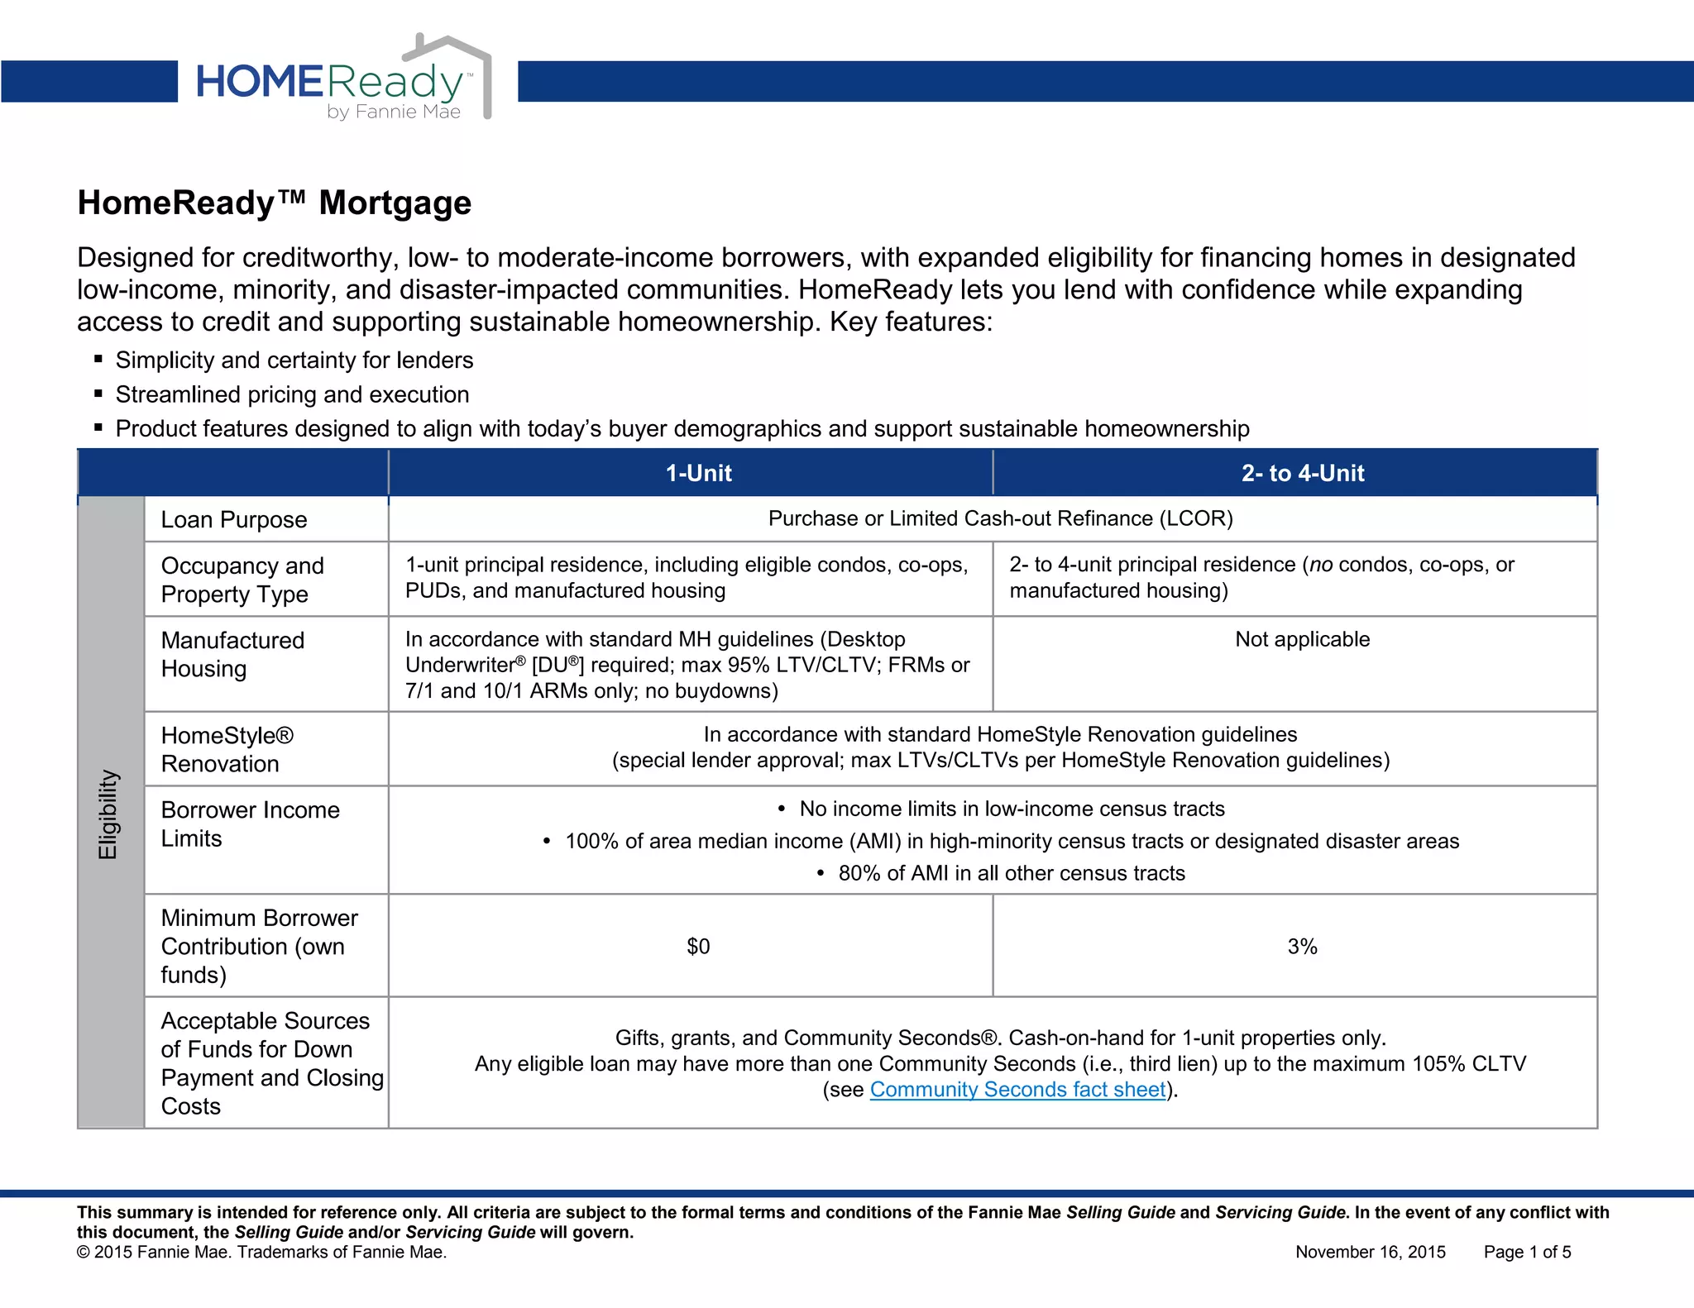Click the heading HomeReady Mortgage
[x=274, y=203]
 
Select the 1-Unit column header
[x=698, y=473]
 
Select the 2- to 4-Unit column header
[x=1302, y=473]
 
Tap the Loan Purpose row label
[x=234, y=519]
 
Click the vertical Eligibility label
[x=108, y=814]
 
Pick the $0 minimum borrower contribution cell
[x=698, y=946]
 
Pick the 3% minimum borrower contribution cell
[x=1302, y=946]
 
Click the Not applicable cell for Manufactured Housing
[x=1302, y=639]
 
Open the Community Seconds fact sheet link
[x=1017, y=1090]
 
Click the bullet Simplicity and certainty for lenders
[x=294, y=360]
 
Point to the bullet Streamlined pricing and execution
[x=292, y=394]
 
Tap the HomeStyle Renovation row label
[x=227, y=749]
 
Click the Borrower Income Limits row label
[x=250, y=823]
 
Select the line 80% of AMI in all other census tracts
[x=1011, y=873]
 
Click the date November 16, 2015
[x=1370, y=1252]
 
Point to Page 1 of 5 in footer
[x=1527, y=1252]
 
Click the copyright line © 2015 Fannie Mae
[x=261, y=1252]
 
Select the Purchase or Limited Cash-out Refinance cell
[x=1000, y=518]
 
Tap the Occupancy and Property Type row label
[x=242, y=580]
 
